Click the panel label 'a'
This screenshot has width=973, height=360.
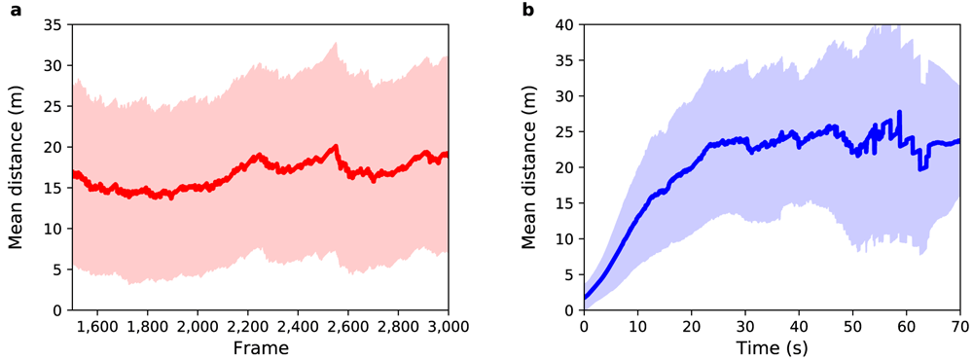coord(15,11)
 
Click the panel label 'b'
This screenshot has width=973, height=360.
coord(528,10)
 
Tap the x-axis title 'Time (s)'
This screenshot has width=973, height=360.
coord(772,347)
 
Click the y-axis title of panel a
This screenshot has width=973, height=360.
coord(17,167)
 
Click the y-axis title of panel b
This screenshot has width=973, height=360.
coord(528,167)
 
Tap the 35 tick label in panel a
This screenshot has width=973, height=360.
coord(57,25)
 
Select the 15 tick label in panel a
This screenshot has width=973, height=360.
coord(57,188)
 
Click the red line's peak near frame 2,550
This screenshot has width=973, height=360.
coord(336,147)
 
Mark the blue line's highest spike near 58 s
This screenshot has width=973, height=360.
coord(899,112)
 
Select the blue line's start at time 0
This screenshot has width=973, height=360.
coord(585,298)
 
